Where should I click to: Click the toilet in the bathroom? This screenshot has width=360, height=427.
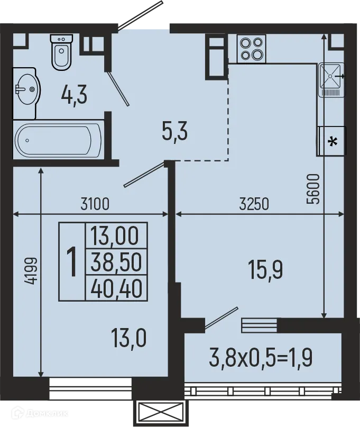[62, 52]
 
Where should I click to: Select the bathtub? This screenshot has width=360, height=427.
[58, 141]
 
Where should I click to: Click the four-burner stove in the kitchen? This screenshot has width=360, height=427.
[252, 49]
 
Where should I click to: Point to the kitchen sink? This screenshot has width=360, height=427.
[331, 79]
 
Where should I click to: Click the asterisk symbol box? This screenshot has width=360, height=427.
[332, 141]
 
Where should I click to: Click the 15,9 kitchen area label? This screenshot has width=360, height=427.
[265, 270]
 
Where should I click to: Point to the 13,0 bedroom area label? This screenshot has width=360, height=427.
[128, 338]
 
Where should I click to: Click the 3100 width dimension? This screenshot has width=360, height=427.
[95, 204]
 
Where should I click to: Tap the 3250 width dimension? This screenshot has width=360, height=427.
[254, 204]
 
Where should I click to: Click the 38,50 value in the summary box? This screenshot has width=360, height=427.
[116, 262]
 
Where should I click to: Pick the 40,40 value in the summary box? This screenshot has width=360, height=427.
[117, 288]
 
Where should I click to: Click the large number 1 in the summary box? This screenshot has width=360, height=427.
[72, 261]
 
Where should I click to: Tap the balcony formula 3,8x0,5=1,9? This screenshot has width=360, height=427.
[261, 358]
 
